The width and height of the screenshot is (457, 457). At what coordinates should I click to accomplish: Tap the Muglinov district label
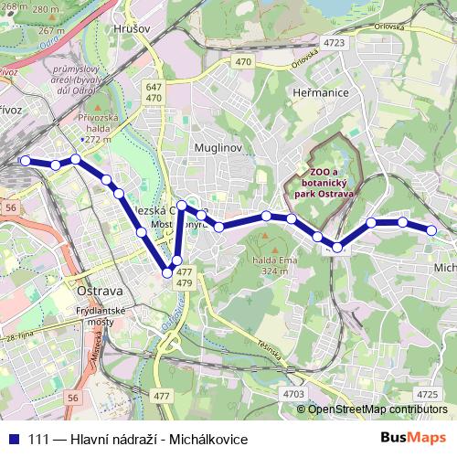[217, 145]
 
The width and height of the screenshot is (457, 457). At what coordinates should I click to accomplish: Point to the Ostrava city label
[101, 290]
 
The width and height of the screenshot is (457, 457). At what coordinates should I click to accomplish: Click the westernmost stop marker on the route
[26, 161]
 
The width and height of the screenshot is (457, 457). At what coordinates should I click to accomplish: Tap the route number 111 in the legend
[37, 439]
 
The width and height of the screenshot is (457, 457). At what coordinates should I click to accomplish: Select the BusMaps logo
[412, 438]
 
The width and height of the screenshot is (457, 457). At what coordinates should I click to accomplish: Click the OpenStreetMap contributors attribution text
[377, 409]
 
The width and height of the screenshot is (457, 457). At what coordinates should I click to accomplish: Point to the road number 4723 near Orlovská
[334, 42]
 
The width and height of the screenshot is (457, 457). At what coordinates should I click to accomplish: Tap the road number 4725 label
[426, 393]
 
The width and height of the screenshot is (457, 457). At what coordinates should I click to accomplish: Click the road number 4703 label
[294, 393]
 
